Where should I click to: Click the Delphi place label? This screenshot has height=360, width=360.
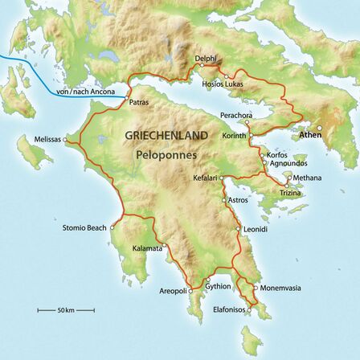click(206, 59)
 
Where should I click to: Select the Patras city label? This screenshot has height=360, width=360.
click(138, 102)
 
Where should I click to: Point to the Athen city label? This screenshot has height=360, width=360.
click(309, 135)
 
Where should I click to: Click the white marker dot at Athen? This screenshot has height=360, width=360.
click(319, 128)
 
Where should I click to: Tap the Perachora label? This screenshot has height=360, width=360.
click(235, 115)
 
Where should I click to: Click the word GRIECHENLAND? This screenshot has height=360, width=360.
click(166, 135)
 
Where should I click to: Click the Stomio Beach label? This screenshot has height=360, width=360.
click(84, 227)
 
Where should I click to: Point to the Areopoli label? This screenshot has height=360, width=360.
click(173, 291)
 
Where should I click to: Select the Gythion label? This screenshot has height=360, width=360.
click(218, 285)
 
